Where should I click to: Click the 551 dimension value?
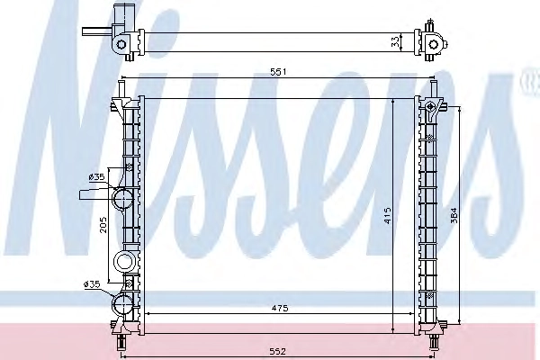[278, 72]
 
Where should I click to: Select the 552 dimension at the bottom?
[278, 351]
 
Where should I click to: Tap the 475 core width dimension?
[279, 309]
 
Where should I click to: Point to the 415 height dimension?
[388, 215]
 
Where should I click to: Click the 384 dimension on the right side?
[454, 215]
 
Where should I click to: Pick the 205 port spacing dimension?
[103, 225]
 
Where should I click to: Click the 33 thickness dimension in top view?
[396, 41]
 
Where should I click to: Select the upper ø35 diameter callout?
[96, 177]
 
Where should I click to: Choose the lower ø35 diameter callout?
[92, 284]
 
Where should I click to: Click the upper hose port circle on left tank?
[122, 198]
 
